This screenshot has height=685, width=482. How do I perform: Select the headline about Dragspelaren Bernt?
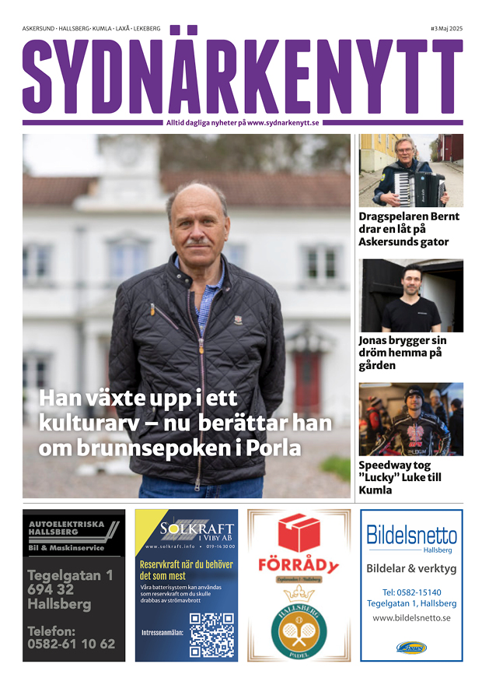tap(409, 229)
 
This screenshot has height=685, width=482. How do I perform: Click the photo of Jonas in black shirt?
tap(410, 296)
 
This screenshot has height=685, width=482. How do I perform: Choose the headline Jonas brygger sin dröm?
tap(402, 353)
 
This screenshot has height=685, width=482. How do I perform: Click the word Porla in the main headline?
tap(274, 449)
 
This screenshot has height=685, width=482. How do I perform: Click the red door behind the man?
tap(306, 381)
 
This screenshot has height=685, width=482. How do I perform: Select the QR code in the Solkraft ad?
tap(211, 634)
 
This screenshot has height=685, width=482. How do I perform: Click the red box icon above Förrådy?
tap(299, 533)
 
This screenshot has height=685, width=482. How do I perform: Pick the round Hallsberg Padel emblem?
tap(299, 629)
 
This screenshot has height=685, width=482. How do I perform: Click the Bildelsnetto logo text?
tap(411, 536)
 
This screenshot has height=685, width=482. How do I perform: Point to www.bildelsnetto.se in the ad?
tap(411, 618)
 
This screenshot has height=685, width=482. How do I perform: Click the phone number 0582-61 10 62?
tap(71, 644)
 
